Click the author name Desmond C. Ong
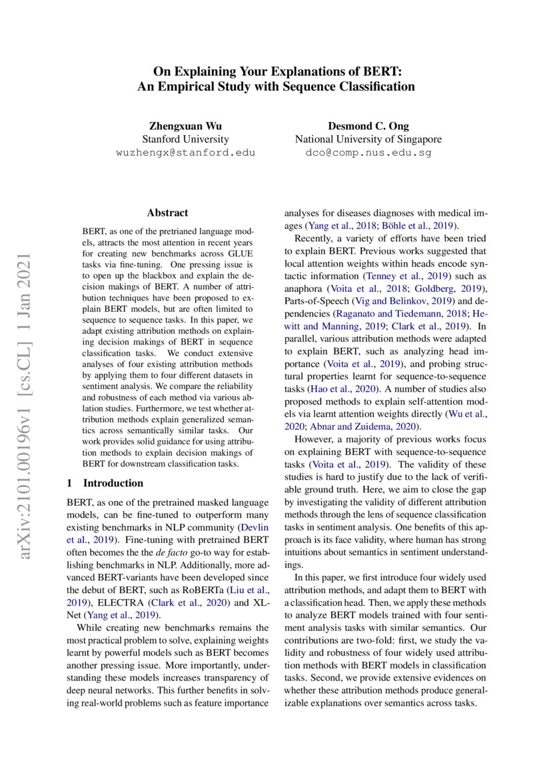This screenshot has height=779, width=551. [x=368, y=126]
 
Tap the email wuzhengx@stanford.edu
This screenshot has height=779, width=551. [x=185, y=153]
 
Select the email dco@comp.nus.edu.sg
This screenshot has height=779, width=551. [x=368, y=153]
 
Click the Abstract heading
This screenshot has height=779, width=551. [x=167, y=213]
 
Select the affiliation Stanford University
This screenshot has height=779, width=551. [x=185, y=139]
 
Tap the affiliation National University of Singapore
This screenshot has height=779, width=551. [x=368, y=139]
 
